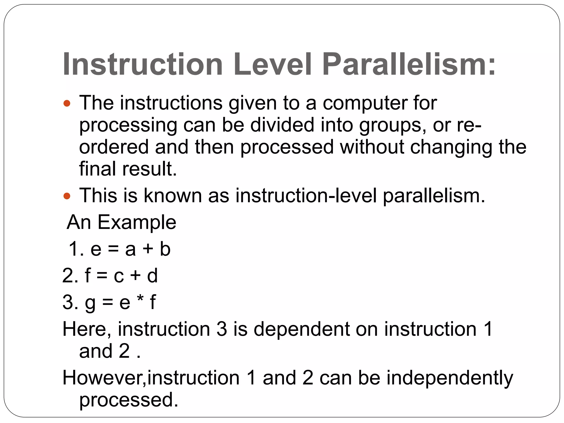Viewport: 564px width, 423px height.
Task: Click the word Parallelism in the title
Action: pyautogui.click(x=409, y=65)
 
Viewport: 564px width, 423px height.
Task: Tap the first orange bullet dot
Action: pyautogui.click(x=67, y=104)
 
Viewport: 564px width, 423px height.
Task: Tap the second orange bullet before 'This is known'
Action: pyautogui.click(x=67, y=196)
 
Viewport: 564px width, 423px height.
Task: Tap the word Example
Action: pyautogui.click(x=137, y=222)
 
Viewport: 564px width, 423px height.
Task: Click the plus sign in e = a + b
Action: pyautogui.click(x=148, y=249)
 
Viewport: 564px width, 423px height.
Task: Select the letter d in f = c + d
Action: pyautogui.click(x=152, y=276)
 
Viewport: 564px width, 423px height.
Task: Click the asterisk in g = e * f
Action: pyautogui.click(x=140, y=300)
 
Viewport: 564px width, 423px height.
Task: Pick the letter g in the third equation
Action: pyautogui.click(x=90, y=303)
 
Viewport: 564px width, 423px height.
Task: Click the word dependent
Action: pyautogui.click(x=301, y=329)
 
